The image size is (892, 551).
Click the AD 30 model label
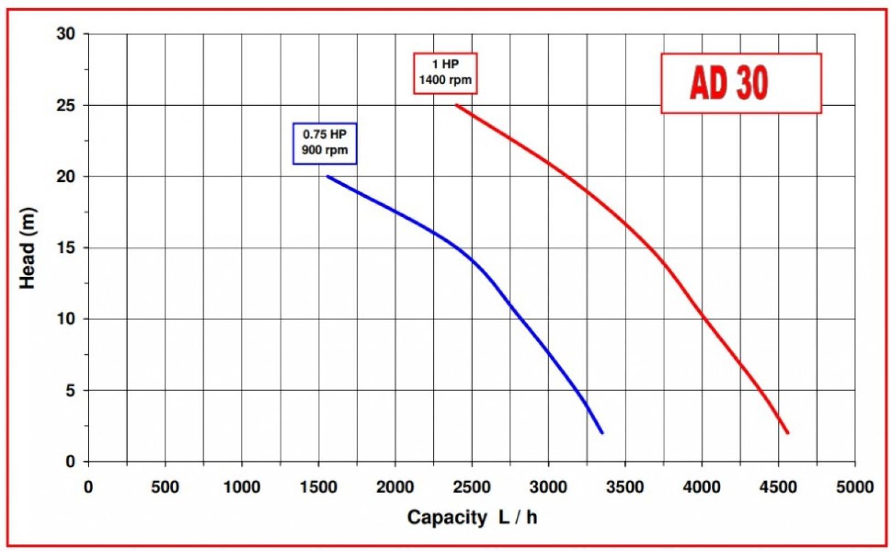tap(729, 83)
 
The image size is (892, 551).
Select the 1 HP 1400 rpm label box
tap(445, 73)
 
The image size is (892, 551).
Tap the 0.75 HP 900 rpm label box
tap(325, 143)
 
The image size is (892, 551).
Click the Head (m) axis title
tap(28, 248)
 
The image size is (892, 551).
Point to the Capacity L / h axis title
tap(472, 517)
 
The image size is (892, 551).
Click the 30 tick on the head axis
tap(66, 34)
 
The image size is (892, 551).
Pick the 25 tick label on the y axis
tap(66, 105)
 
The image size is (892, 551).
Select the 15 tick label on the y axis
tap(66, 248)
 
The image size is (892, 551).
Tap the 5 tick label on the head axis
tap(70, 391)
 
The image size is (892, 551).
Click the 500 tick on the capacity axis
tap(165, 487)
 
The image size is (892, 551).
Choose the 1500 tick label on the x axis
tap(318, 487)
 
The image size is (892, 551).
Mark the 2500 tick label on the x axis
tap(472, 487)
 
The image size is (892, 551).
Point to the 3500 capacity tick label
tap(625, 487)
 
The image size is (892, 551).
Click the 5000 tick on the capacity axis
tap(855, 487)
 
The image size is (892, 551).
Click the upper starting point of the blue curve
tap(328, 176)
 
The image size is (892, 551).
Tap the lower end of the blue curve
tap(602, 433)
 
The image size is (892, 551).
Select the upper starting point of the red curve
tap(457, 105)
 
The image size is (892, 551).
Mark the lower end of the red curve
tap(788, 433)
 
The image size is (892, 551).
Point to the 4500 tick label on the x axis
tap(778, 487)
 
